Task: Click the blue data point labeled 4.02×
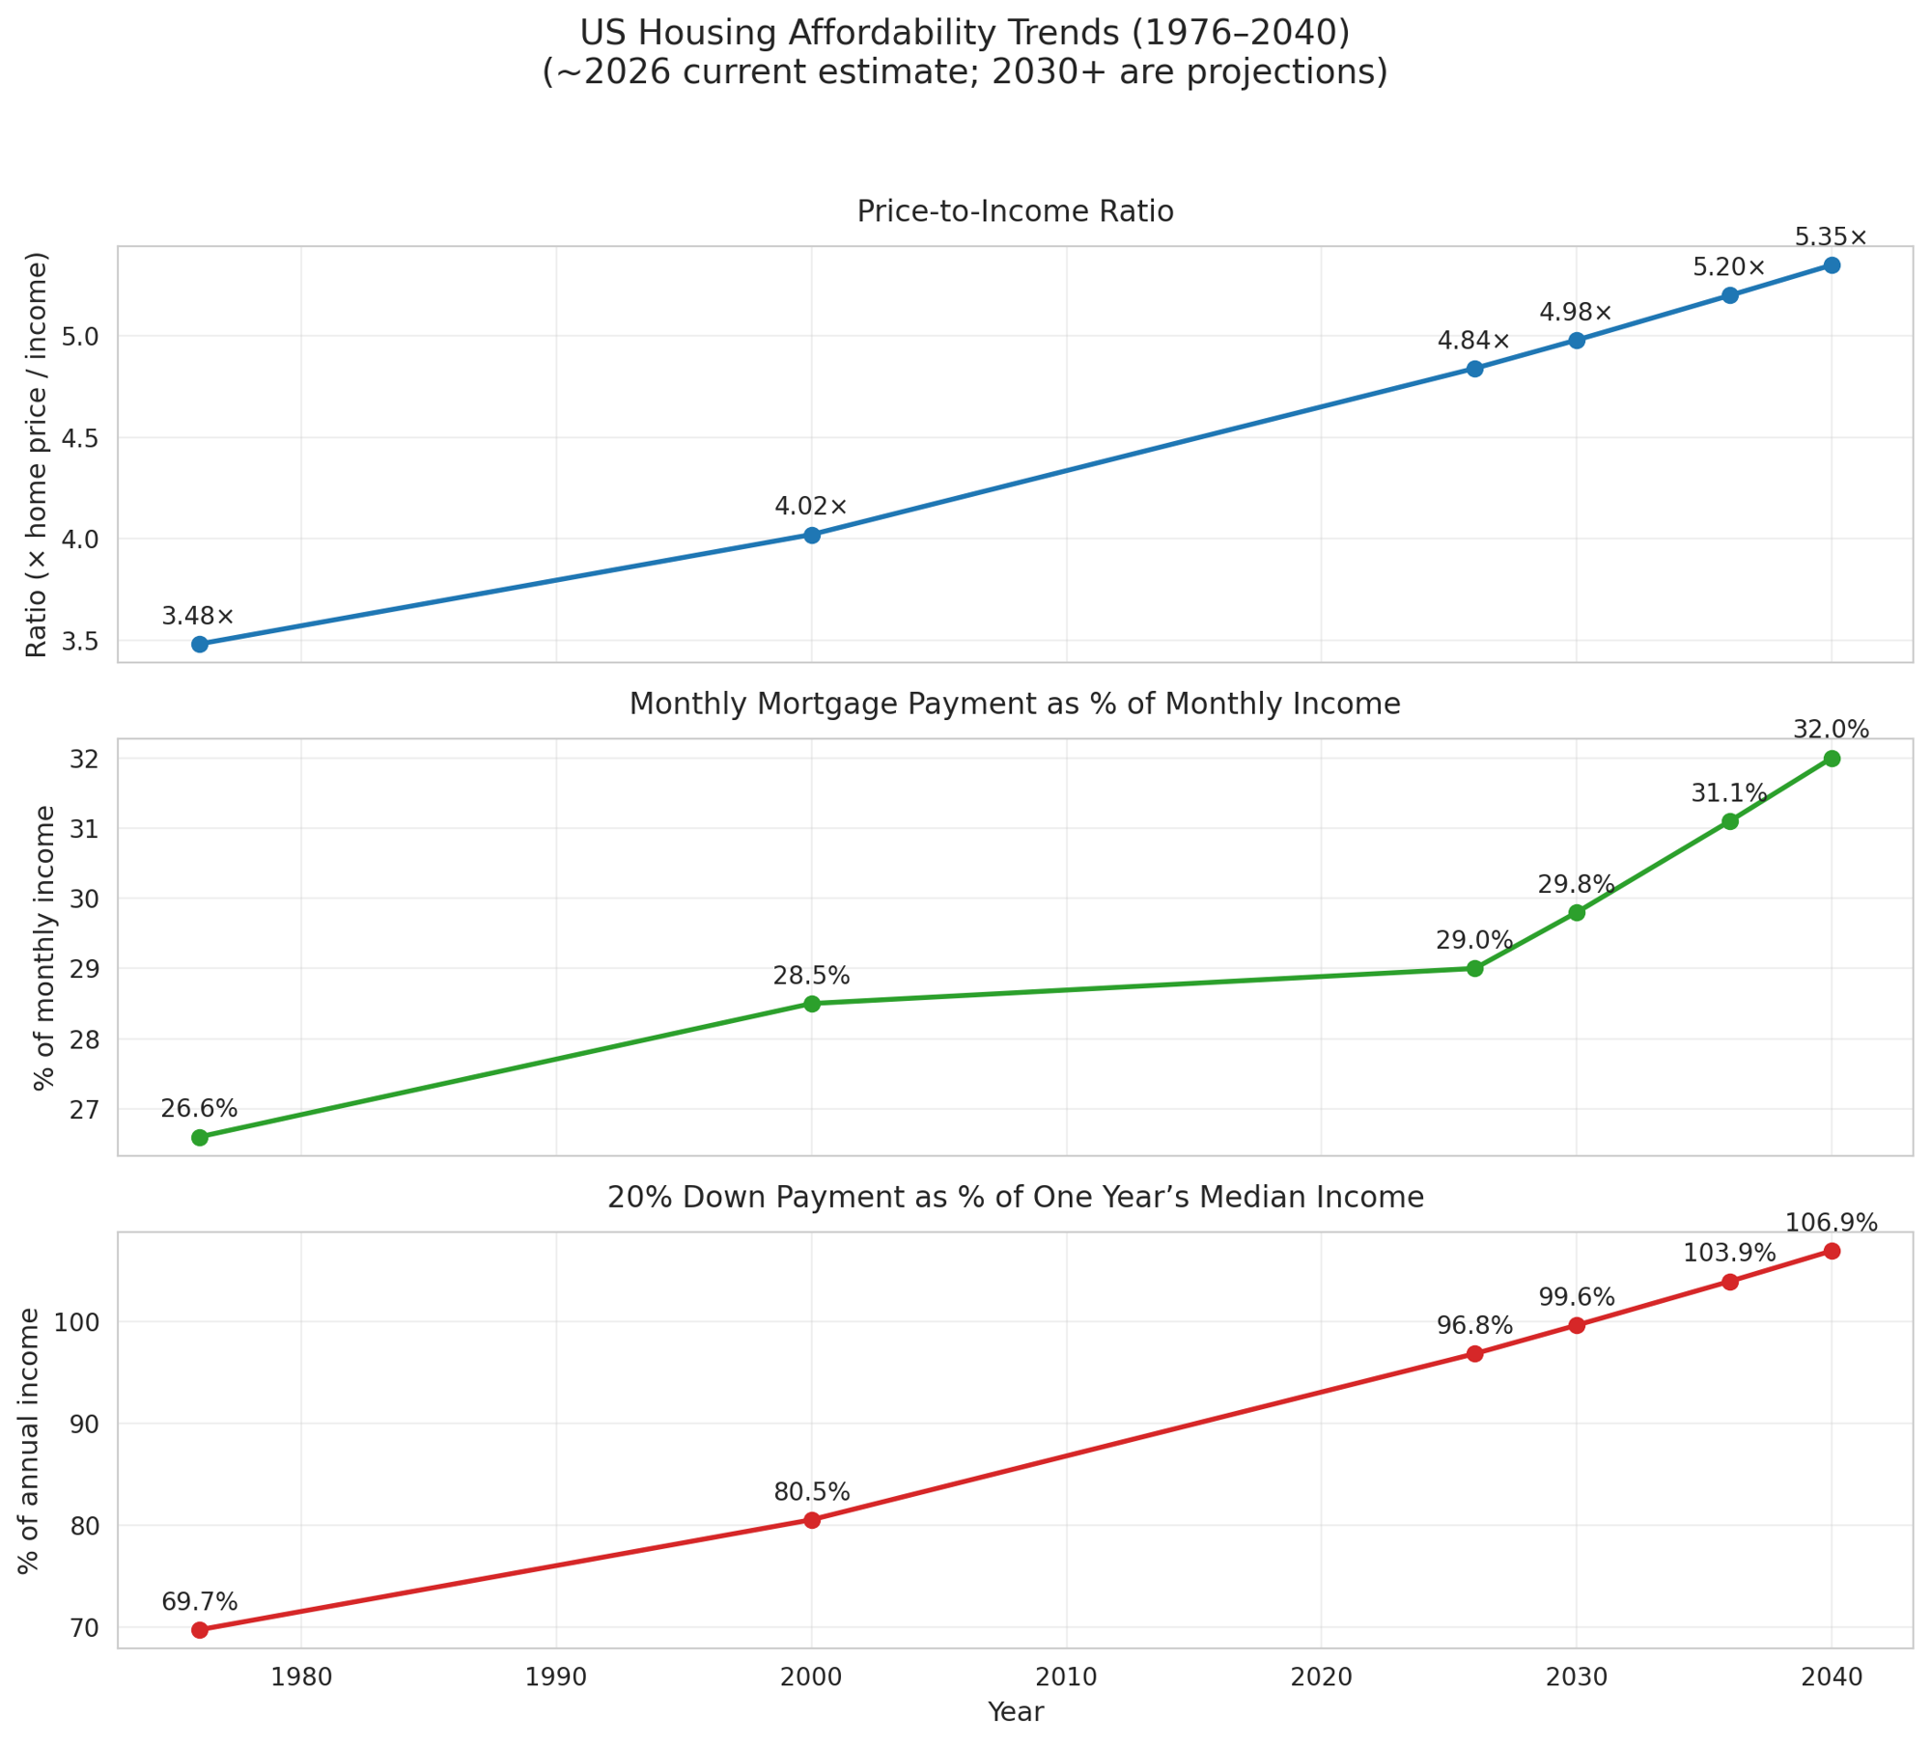point(811,535)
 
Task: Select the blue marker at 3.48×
point(200,644)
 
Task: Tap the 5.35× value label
point(1831,237)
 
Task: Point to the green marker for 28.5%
point(811,1004)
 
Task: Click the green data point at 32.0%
point(1831,759)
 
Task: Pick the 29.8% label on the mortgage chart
point(1576,884)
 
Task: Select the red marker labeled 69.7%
point(200,1630)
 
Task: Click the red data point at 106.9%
point(1831,1252)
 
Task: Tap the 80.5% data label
point(811,1492)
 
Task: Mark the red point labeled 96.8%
point(1474,1354)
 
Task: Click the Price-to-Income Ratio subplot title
point(1015,211)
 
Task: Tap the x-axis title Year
point(1015,1712)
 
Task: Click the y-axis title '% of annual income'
point(30,1440)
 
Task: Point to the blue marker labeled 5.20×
point(1729,295)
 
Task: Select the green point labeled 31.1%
point(1729,821)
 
